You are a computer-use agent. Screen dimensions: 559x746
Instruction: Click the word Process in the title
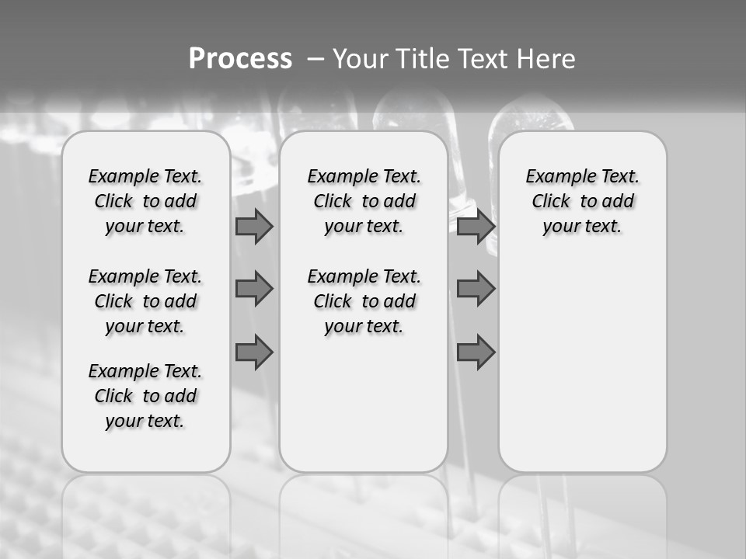(x=240, y=59)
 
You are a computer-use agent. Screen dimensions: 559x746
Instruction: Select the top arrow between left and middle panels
(x=254, y=226)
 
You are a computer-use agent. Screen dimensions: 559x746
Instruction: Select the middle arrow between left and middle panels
(x=254, y=289)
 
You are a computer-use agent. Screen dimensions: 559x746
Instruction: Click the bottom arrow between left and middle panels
(x=254, y=352)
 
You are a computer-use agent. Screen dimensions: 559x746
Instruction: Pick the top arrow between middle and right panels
(x=476, y=226)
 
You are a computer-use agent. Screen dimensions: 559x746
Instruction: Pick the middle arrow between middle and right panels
(x=476, y=289)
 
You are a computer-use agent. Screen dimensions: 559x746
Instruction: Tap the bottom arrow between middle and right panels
(x=476, y=352)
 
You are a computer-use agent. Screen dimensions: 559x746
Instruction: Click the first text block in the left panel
(x=145, y=201)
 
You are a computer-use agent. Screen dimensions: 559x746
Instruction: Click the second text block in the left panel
(x=145, y=301)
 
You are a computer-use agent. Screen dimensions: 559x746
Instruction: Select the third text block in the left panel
(x=145, y=396)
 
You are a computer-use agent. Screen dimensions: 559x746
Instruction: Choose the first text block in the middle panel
(x=364, y=201)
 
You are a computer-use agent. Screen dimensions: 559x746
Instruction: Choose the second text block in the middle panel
(x=364, y=301)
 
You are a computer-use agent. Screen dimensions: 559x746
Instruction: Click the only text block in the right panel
(x=583, y=201)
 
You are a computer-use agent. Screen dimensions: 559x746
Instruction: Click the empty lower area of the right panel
(x=583, y=365)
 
